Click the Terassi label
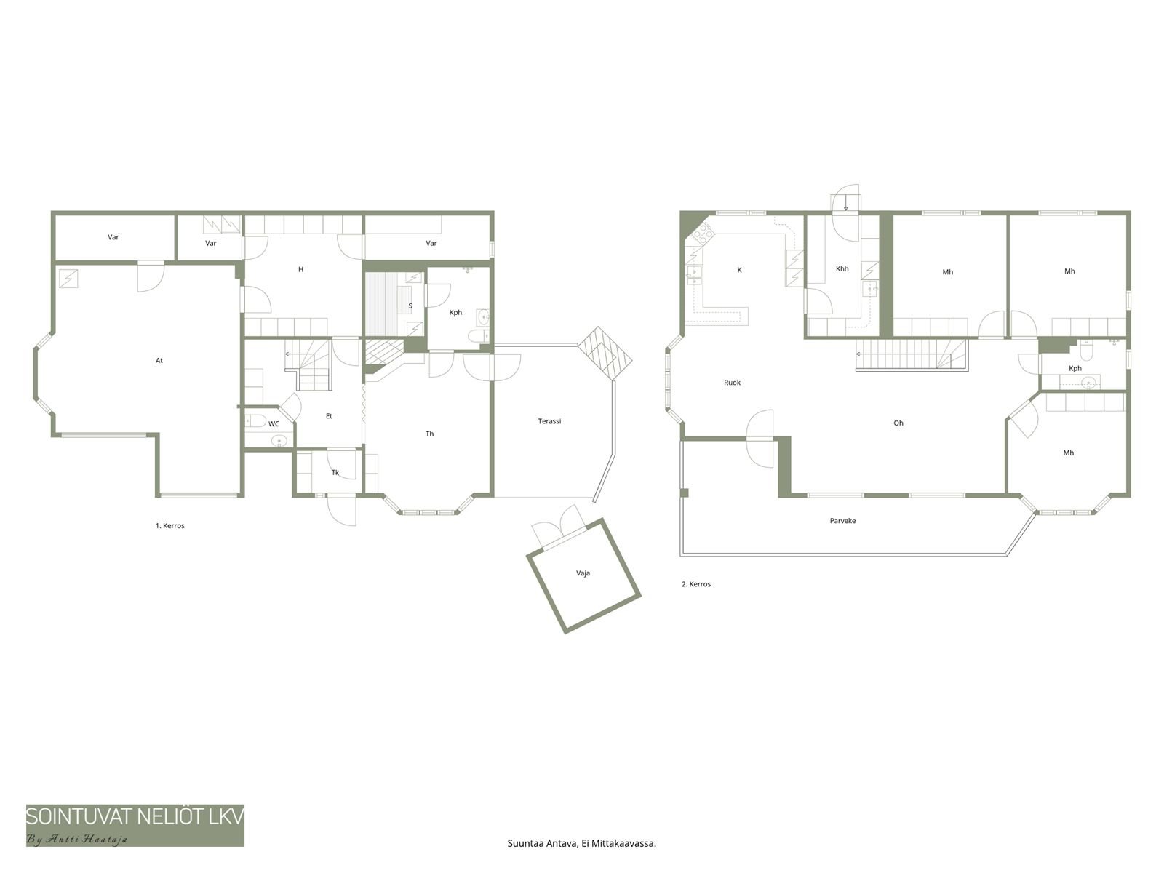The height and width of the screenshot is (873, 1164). click(x=549, y=421)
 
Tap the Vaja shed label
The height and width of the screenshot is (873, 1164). click(x=583, y=573)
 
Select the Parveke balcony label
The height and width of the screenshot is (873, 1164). click(x=842, y=520)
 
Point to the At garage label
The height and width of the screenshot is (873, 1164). click(x=159, y=360)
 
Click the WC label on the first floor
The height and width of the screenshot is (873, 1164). click(x=274, y=423)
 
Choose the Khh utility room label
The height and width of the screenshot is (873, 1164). click(x=842, y=268)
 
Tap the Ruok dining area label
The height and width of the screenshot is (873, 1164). click(x=732, y=382)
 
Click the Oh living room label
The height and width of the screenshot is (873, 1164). click(x=898, y=423)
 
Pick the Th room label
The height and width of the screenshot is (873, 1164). click(x=429, y=434)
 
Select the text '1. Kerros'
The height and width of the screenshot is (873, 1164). click(x=170, y=526)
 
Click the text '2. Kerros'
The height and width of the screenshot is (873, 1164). click(x=695, y=584)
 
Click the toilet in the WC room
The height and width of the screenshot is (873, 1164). click(x=255, y=421)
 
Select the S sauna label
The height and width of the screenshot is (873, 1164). click(x=410, y=306)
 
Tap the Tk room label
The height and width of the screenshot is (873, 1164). click(x=335, y=472)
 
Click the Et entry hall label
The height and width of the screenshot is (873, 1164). click(x=329, y=416)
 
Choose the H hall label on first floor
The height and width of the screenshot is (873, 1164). click(x=300, y=269)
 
